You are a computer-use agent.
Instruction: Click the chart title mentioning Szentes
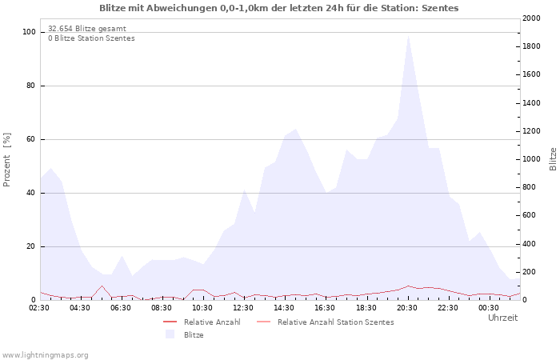pos(279,8)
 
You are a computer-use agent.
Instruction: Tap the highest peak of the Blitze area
pos(408,35)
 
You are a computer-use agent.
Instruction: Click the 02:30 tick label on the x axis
pos(40,307)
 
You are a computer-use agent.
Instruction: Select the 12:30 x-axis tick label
pos(243,307)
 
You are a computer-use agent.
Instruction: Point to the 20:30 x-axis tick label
pos(407,307)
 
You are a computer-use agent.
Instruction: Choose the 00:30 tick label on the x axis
pos(489,307)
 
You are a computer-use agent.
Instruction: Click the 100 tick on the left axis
pos(30,32)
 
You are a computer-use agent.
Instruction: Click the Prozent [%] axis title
pos(7,159)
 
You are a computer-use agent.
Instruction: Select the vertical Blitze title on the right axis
pos(553,159)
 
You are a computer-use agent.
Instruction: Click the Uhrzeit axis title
pos(502,318)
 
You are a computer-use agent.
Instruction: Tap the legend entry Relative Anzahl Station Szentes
pos(335,322)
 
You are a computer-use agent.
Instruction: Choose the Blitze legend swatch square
pos(169,334)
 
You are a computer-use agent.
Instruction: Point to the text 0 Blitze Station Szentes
pos(91,38)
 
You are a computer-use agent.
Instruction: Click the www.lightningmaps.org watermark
pos(45,354)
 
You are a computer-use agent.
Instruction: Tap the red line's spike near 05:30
pos(102,286)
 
